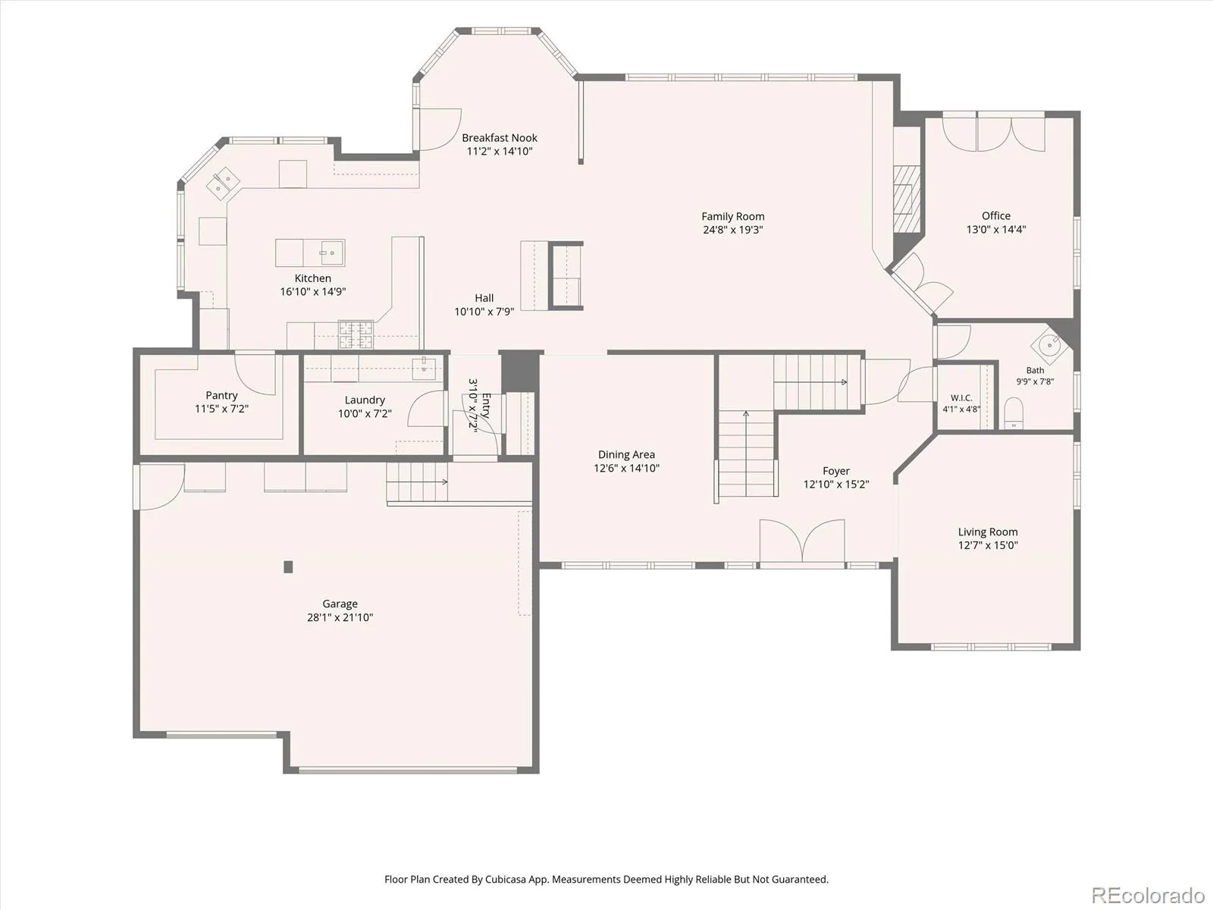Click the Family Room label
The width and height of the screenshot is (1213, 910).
click(x=733, y=217)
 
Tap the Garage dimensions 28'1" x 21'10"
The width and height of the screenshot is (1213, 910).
click(x=340, y=617)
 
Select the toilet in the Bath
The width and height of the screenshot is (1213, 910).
click(x=1014, y=413)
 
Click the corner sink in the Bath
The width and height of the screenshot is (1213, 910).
click(x=1049, y=345)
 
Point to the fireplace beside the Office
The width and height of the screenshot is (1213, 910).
click(x=907, y=199)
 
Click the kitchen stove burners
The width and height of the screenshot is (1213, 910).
click(x=356, y=335)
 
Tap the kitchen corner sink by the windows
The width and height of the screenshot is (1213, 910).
click(x=223, y=184)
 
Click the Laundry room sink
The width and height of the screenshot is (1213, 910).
click(x=424, y=368)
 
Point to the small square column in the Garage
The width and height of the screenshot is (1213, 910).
click(x=288, y=567)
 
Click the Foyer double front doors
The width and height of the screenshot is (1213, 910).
click(x=802, y=542)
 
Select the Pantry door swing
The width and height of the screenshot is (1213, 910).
click(x=255, y=374)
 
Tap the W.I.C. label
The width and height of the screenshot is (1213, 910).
click(x=961, y=398)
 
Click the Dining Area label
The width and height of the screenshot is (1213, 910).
click(x=626, y=455)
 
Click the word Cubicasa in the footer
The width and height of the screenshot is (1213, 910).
click(x=506, y=879)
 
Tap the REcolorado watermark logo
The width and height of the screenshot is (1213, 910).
click(x=1148, y=895)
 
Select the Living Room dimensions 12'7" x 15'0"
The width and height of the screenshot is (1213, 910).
click(x=988, y=545)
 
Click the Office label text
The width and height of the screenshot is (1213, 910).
click(x=996, y=216)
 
